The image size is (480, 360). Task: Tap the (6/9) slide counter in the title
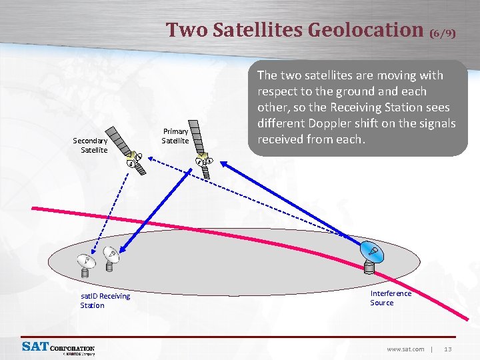(x=443, y=33)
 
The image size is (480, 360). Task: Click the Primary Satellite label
(x=175, y=136)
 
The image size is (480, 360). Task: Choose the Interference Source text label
(x=391, y=298)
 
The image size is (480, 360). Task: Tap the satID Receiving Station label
(x=105, y=301)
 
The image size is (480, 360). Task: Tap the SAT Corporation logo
(x=59, y=348)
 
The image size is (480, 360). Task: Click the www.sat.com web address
(x=405, y=349)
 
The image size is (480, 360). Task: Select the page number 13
(x=448, y=349)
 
